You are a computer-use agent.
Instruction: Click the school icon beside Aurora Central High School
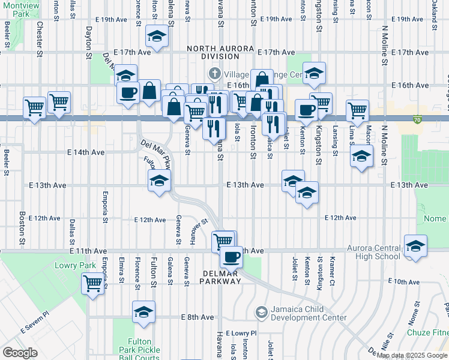[415, 246]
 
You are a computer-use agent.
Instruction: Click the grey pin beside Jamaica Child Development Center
[261, 312]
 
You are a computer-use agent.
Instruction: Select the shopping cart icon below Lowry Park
[93, 282]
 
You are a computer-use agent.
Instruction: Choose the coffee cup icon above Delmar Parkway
[231, 257]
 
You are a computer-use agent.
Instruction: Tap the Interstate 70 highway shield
[417, 121]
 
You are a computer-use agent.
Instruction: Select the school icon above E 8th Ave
[143, 312]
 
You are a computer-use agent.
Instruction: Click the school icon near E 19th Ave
[157, 37]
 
